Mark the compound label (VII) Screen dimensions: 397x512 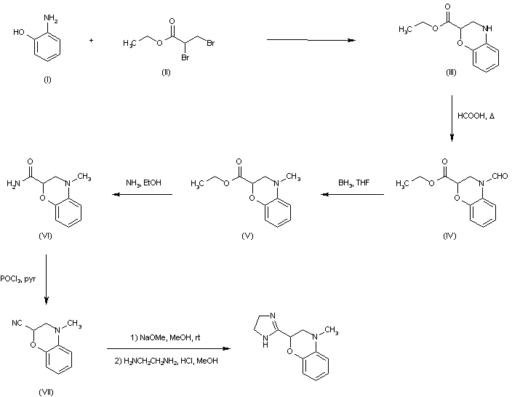pos(45,391)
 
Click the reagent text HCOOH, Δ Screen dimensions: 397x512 pos(476,116)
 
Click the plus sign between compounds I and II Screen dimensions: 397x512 pos(91,40)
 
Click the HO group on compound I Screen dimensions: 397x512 pos(18,32)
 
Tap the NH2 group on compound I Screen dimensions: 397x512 pos(50,10)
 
